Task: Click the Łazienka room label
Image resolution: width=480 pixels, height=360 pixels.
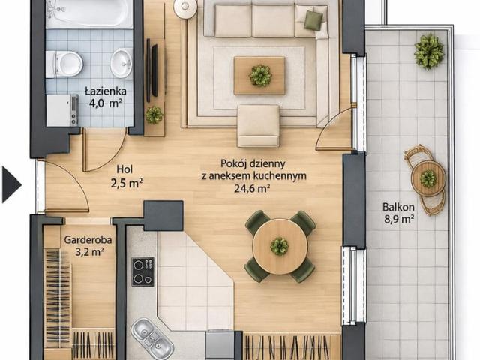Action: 106,91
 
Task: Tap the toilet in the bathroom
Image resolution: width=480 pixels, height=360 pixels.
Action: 64,64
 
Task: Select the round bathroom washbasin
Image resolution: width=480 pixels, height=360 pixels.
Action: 121,63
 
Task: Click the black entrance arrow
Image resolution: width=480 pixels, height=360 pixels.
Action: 12,184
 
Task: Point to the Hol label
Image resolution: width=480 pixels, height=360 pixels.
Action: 125,169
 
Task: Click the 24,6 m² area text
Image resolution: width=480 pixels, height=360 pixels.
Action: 252,188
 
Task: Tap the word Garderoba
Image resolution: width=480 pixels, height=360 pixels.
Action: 88,240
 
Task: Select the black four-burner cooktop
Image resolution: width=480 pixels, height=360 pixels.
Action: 143,271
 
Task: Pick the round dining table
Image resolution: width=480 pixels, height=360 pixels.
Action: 280,247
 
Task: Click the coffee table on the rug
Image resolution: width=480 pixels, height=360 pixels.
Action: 259,76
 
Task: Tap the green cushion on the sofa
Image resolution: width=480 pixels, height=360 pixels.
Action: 313,20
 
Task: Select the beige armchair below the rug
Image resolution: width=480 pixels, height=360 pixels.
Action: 259,126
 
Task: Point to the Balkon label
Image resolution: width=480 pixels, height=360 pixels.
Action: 398,207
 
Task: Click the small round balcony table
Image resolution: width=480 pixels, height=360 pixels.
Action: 428,178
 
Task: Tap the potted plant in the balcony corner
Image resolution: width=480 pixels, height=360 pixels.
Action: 429,51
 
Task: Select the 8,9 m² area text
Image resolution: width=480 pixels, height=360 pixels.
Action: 398,219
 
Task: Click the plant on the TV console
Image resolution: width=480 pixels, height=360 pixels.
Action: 154,115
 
